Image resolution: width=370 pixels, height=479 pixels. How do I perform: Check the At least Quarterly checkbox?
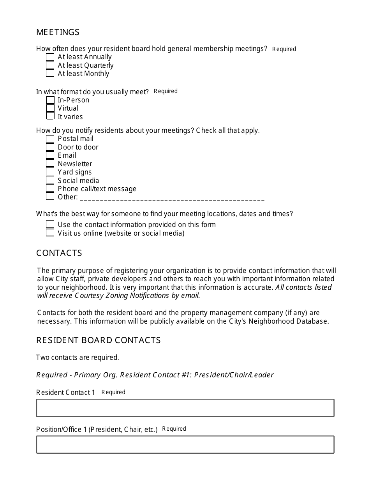[x=50, y=65]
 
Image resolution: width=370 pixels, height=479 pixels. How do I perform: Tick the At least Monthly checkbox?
[x=50, y=74]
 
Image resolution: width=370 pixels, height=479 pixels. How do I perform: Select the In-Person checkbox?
[x=50, y=100]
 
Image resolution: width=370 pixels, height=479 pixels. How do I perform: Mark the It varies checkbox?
[x=50, y=116]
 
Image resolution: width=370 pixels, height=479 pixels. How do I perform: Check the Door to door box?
[x=50, y=147]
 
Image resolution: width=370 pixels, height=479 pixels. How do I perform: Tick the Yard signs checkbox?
[x=50, y=172]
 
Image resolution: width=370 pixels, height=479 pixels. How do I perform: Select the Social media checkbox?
[x=50, y=180]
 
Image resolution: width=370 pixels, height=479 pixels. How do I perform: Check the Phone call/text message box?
[x=50, y=188]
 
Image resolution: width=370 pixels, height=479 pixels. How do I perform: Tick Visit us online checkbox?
[x=50, y=233]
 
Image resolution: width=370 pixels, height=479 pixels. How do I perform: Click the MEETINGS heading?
[x=58, y=32]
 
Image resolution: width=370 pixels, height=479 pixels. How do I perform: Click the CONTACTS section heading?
[x=59, y=253]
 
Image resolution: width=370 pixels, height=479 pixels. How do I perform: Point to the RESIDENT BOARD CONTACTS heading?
[x=98, y=340]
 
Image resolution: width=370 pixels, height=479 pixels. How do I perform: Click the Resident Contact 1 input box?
[x=185, y=408]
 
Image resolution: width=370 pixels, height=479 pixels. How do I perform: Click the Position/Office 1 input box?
[x=185, y=445]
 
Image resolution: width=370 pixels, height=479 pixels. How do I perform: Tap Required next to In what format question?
[x=166, y=91]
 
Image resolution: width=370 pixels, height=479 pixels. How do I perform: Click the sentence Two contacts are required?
[x=78, y=357]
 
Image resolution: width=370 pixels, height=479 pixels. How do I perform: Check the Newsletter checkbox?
[x=50, y=164]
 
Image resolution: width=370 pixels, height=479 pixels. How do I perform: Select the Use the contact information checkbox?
[x=50, y=225]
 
